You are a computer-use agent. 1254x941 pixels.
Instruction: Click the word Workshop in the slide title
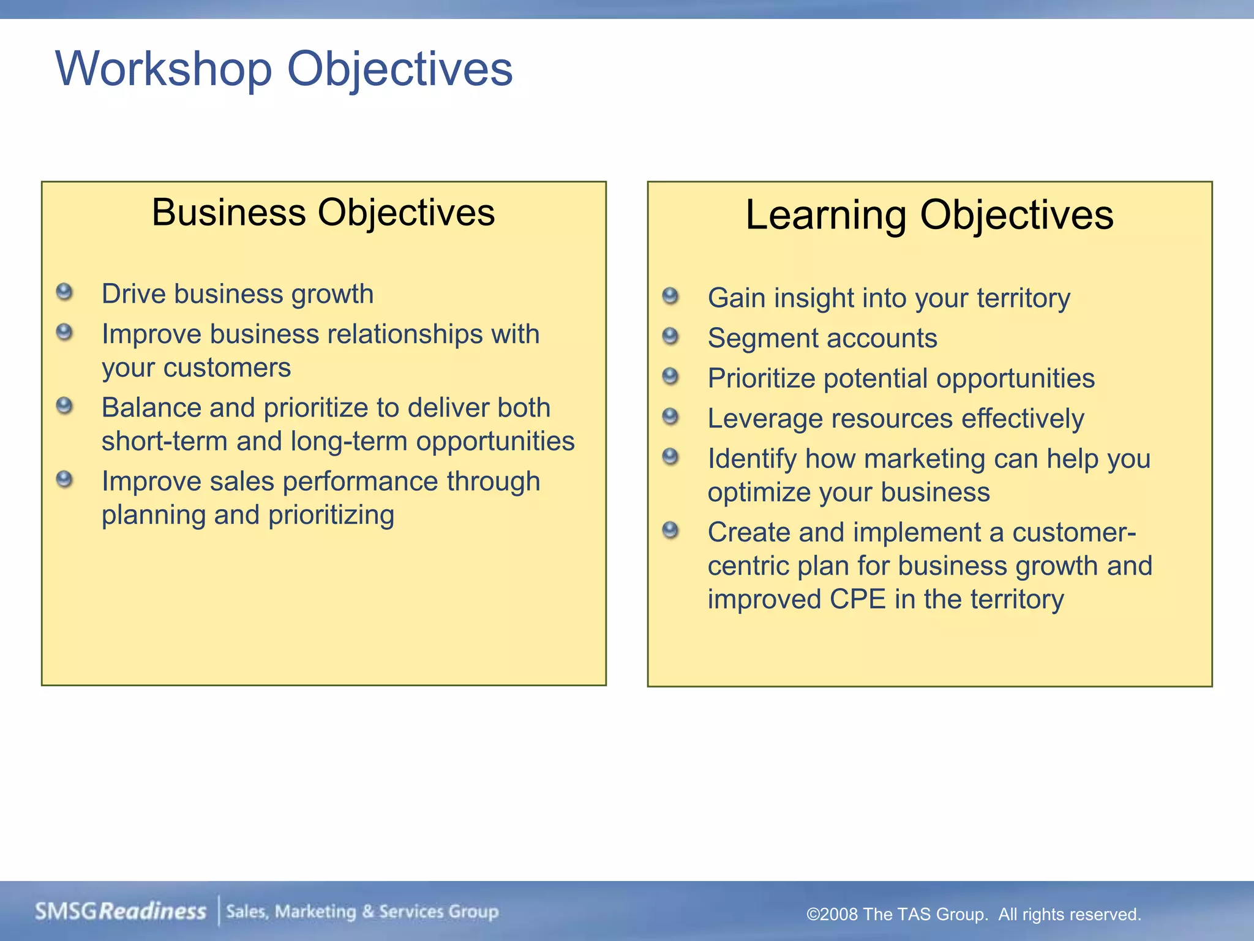[x=163, y=69]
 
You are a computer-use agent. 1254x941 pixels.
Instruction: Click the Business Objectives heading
[x=323, y=213]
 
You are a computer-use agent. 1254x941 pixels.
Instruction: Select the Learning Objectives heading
[x=929, y=215]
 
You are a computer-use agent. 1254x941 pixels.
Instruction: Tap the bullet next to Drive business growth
[x=64, y=292]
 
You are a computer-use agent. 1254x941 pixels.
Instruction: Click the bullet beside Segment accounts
[x=670, y=336]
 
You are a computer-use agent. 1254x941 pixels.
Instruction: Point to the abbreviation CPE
[x=857, y=599]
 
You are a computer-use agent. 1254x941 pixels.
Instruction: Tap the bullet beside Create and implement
[x=670, y=530]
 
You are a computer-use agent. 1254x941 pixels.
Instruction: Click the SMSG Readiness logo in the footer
[x=121, y=912]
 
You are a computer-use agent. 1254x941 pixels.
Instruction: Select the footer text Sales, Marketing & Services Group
[x=362, y=912]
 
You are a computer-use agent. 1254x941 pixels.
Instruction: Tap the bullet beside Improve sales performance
[x=64, y=480]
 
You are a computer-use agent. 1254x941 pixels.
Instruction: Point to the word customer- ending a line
[x=1074, y=532]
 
